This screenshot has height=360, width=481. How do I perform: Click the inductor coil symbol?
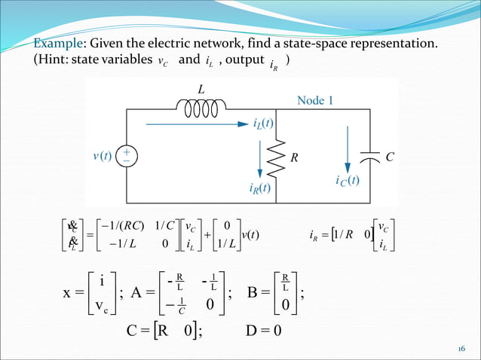pyautogui.click(x=201, y=110)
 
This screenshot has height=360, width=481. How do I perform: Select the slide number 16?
pyautogui.click(x=461, y=349)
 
